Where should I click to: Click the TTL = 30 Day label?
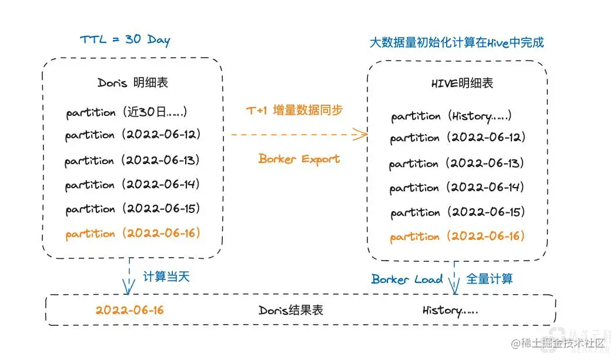tap(125, 41)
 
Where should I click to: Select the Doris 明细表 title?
tap(133, 82)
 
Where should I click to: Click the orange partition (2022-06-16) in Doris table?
tap(133, 234)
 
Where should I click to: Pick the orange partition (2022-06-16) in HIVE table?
tap(457, 236)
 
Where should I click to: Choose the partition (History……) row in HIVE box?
tap(451, 116)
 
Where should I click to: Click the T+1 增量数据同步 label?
tap(294, 110)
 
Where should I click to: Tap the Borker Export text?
tap(299, 159)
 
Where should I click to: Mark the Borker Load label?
tap(407, 279)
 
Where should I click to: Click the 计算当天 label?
tap(167, 277)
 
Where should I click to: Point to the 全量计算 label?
tap(490, 278)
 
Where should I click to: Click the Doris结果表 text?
tap(291, 310)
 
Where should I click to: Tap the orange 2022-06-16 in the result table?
tap(130, 310)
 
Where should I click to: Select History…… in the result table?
tap(450, 310)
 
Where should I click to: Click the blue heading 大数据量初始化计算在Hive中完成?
tap(456, 42)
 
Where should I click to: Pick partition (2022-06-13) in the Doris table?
tap(132, 160)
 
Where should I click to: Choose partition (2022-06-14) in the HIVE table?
tap(457, 188)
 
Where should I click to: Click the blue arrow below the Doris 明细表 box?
tap(128, 276)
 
